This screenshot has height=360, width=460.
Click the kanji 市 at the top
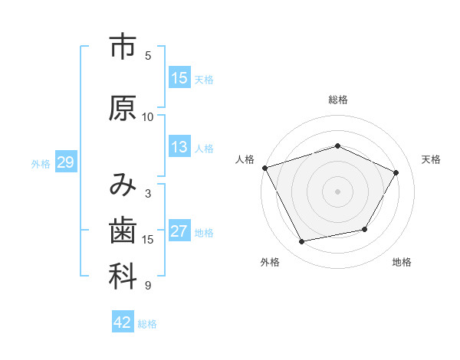point(123,48)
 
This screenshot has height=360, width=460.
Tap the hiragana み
point(123,185)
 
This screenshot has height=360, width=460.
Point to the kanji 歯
point(123,231)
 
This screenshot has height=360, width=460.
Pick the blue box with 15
point(179,78)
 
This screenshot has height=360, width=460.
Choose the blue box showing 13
point(179,147)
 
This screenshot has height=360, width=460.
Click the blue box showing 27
point(179,231)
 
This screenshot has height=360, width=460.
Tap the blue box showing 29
point(65,162)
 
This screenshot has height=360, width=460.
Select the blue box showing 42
point(123,323)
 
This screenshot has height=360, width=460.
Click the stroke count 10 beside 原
point(148,117)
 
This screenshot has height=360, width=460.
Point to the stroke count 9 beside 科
point(148,286)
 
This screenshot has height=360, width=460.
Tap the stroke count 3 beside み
point(148,194)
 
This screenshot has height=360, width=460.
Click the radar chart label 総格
point(337,100)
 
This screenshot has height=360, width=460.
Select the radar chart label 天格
point(431,159)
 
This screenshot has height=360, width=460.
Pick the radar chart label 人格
point(245,159)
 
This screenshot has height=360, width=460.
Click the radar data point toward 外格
point(302,242)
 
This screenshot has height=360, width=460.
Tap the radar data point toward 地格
point(365,229)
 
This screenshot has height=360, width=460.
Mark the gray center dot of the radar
point(337,191)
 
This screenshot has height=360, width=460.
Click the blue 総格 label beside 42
point(147,324)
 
